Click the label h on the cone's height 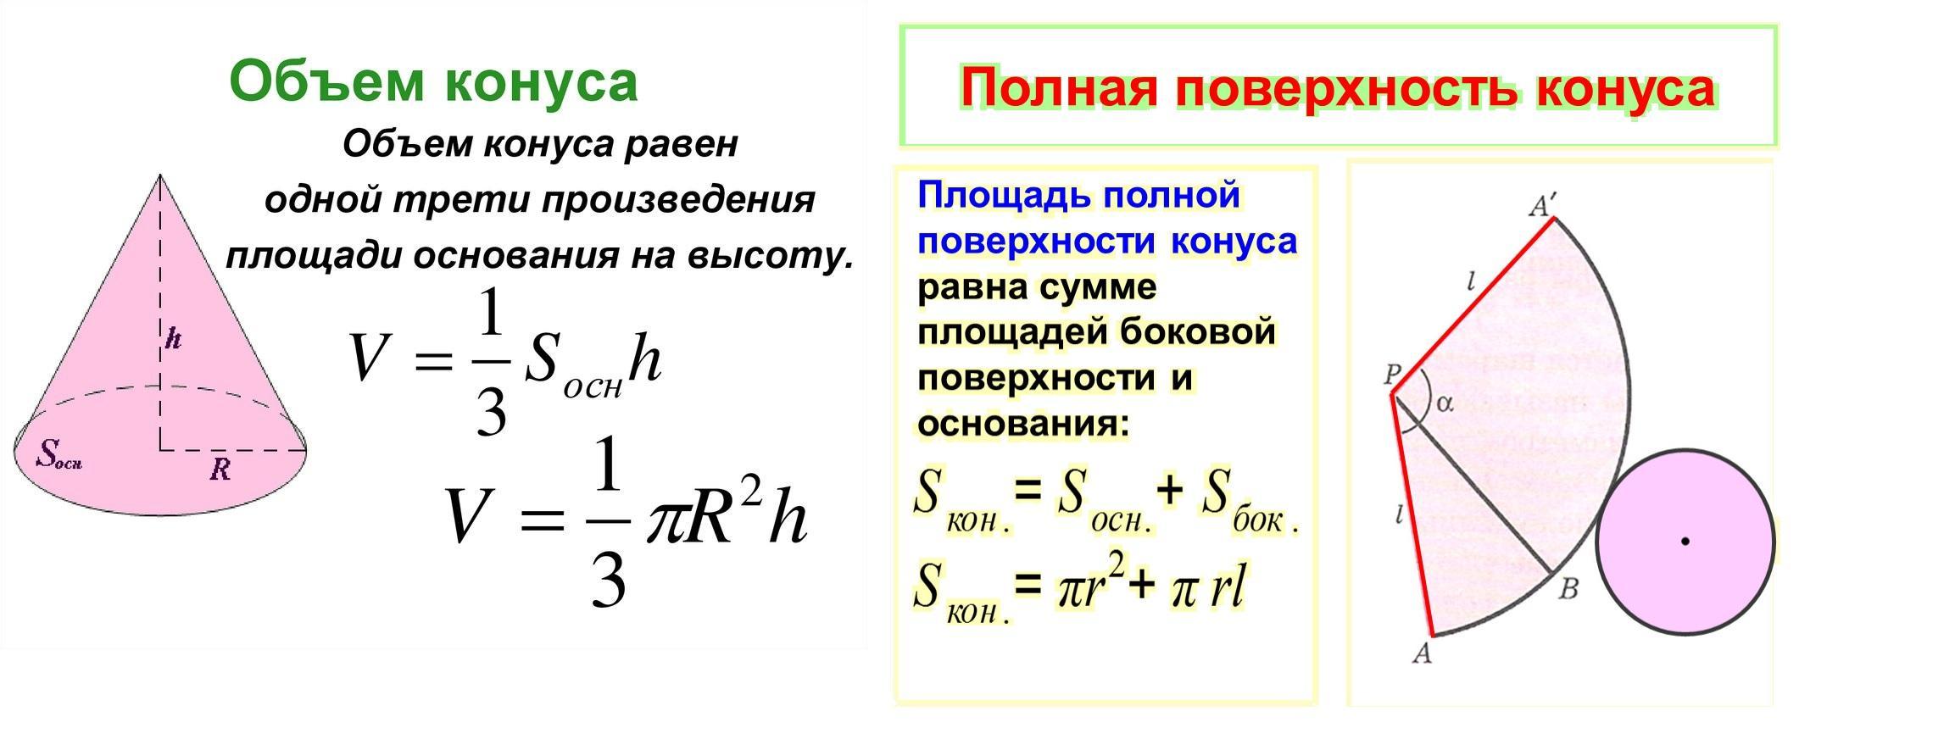(x=173, y=339)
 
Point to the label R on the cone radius (x=220, y=469)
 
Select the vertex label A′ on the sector (x=1542, y=205)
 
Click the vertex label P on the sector (x=1391, y=374)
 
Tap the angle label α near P (x=1444, y=404)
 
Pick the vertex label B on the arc (x=1568, y=589)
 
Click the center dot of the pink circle (x=1685, y=541)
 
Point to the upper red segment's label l (x=1473, y=281)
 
